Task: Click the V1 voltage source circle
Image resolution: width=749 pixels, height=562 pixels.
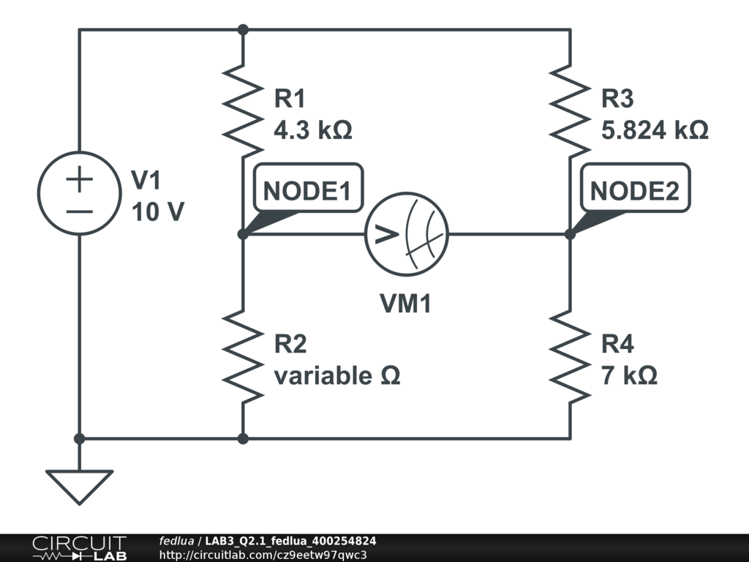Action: click(x=80, y=193)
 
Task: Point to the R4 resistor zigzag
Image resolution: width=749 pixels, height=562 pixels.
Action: click(x=570, y=356)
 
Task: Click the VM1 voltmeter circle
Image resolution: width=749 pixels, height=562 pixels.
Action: click(x=407, y=234)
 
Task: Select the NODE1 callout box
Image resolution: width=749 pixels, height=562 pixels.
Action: click(x=307, y=191)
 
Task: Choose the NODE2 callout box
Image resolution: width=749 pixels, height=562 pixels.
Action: click(x=635, y=191)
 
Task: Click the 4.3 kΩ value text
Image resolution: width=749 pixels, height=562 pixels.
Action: click(x=312, y=130)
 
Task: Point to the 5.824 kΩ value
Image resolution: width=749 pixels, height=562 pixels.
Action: click(x=655, y=130)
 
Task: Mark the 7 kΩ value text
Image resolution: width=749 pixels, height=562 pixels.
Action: click(x=629, y=375)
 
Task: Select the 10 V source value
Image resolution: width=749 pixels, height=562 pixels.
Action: click(x=158, y=212)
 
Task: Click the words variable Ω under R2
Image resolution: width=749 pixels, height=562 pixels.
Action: click(x=337, y=375)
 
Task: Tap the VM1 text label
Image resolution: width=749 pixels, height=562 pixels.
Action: click(x=405, y=304)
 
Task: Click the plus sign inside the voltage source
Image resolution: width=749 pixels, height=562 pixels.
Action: click(x=80, y=180)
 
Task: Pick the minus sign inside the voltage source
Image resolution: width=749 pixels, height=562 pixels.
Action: click(x=80, y=211)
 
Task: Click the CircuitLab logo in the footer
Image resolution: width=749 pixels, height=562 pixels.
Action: click(x=78, y=548)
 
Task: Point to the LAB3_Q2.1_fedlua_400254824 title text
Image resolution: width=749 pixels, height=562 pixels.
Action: click(x=290, y=541)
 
